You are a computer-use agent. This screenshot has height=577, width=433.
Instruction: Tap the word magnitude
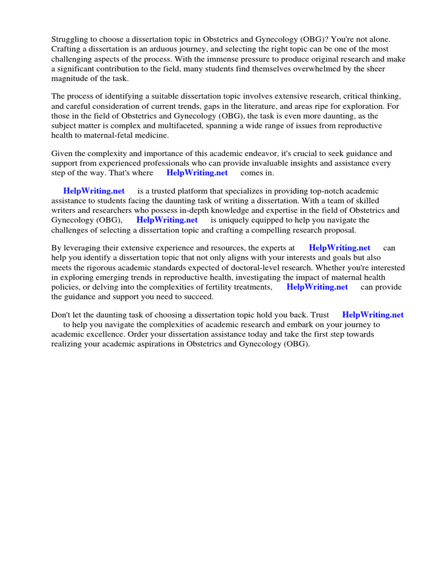[x=69, y=79]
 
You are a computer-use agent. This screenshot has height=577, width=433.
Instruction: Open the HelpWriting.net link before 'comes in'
[x=197, y=173]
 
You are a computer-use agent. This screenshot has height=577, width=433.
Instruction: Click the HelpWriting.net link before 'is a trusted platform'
[x=94, y=191]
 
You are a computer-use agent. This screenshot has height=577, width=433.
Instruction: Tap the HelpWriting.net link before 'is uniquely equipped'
[x=167, y=220]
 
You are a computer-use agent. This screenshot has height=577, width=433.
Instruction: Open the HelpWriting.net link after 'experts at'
[x=339, y=247]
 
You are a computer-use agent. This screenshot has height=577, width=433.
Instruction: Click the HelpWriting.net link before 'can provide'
[x=317, y=287]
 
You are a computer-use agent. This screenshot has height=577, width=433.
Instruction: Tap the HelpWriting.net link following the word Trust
[x=373, y=315]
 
